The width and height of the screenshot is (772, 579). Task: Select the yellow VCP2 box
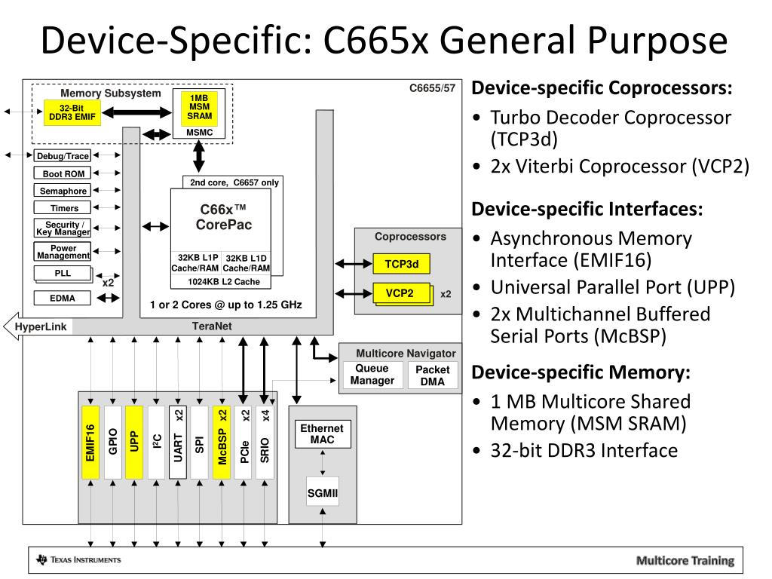pyautogui.click(x=400, y=293)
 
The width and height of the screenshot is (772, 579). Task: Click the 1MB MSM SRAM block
pyautogui.click(x=199, y=108)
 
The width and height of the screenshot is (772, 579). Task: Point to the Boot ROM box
pyautogui.click(x=63, y=173)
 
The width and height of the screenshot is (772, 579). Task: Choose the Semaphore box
pyautogui.click(x=63, y=191)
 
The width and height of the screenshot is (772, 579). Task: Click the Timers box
pyautogui.click(x=63, y=208)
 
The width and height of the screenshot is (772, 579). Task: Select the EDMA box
pyautogui.click(x=63, y=298)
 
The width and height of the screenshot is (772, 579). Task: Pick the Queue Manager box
pyautogui.click(x=372, y=375)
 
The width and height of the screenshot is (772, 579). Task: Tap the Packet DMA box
pyautogui.click(x=432, y=375)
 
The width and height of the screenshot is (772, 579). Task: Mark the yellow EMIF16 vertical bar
pyautogui.click(x=90, y=443)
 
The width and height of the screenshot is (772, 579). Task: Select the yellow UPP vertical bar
pyautogui.click(x=133, y=443)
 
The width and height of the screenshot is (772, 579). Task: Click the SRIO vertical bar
pyautogui.click(x=265, y=443)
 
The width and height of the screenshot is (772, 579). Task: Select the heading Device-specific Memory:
pyautogui.click(x=581, y=372)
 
